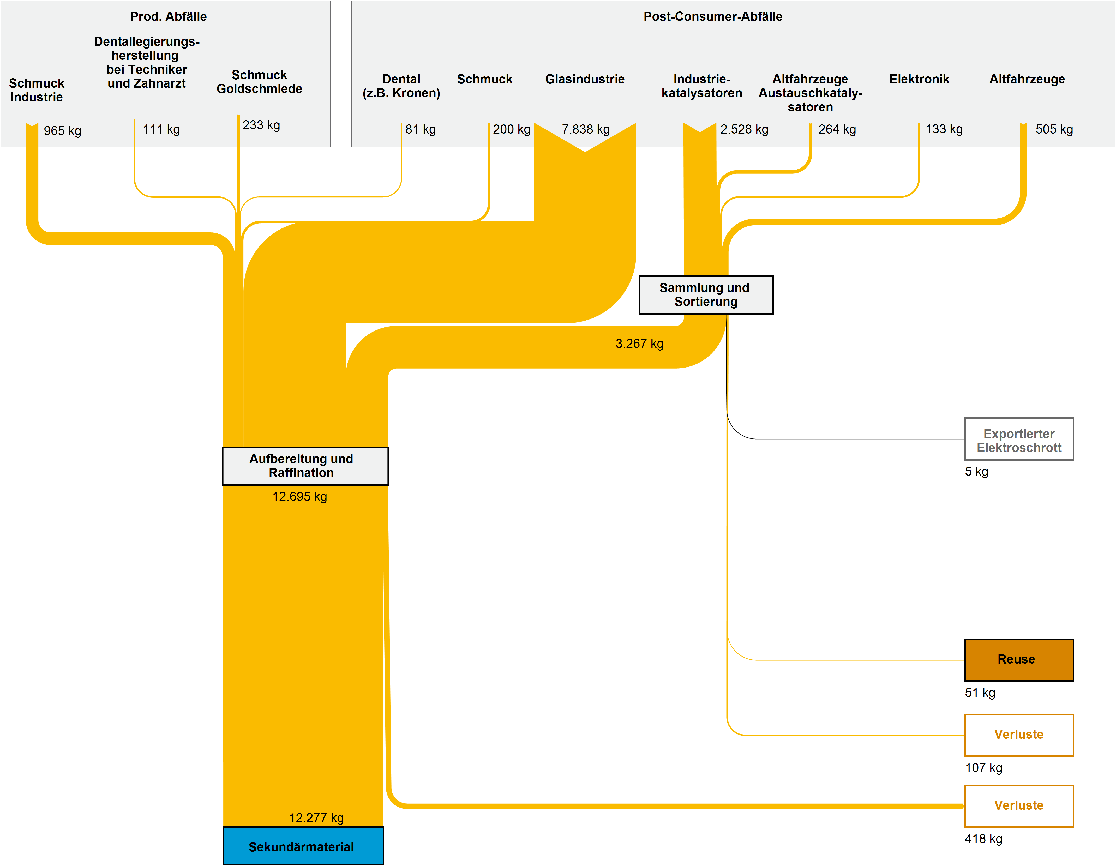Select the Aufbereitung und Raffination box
[x=305, y=465]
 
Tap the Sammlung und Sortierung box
[x=706, y=295]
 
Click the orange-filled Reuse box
[x=1018, y=660]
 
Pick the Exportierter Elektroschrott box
[x=1018, y=439]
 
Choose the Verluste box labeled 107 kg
[x=1018, y=735]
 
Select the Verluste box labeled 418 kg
[x=1018, y=806]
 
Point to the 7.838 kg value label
[x=586, y=129]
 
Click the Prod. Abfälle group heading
[x=168, y=16]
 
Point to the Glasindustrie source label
[x=585, y=79]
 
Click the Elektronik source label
[x=919, y=79]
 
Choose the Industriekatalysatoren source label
[x=701, y=86]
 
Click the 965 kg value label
[x=62, y=131]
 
